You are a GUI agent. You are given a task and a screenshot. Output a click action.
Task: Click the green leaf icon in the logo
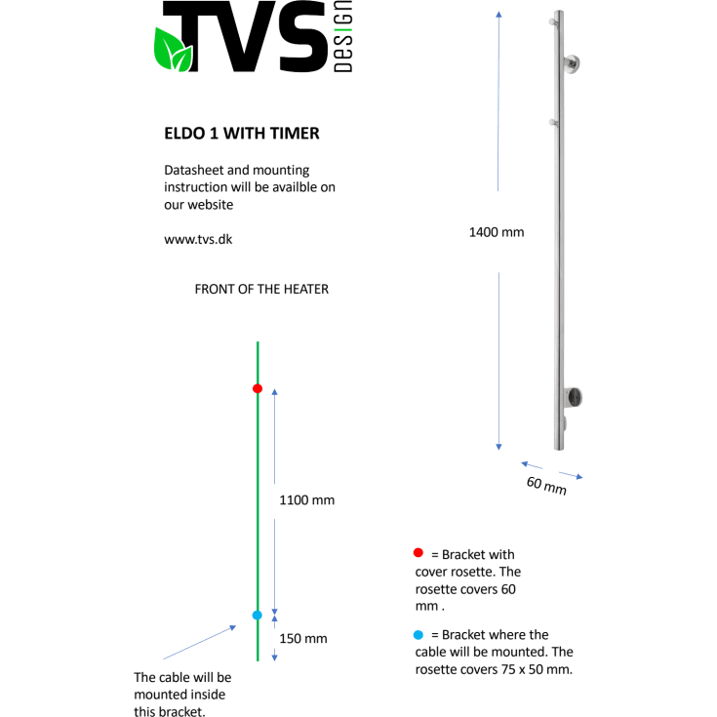coord(173,51)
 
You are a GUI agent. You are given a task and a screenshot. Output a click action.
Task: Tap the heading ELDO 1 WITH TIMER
coord(242,133)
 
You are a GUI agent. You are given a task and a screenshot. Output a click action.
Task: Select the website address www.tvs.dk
coord(198,238)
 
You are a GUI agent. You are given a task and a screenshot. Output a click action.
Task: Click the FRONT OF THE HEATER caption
coord(261,289)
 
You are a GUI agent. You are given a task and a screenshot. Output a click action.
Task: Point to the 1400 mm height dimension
coord(497,232)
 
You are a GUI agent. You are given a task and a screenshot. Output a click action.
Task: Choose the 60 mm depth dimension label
coord(546,484)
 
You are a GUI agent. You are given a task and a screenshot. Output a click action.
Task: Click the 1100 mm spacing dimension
coord(306,499)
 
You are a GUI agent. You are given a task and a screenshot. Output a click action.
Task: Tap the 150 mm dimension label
coord(303,639)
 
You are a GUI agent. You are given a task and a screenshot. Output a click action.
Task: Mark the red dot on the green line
coord(258,388)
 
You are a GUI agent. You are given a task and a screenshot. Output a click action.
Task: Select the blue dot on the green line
coord(258,615)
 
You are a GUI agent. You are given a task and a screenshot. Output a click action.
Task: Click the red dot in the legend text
coord(418,553)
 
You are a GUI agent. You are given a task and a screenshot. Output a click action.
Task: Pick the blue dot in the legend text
coord(418,634)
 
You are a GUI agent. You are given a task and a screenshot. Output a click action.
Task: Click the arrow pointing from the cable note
coord(200,642)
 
